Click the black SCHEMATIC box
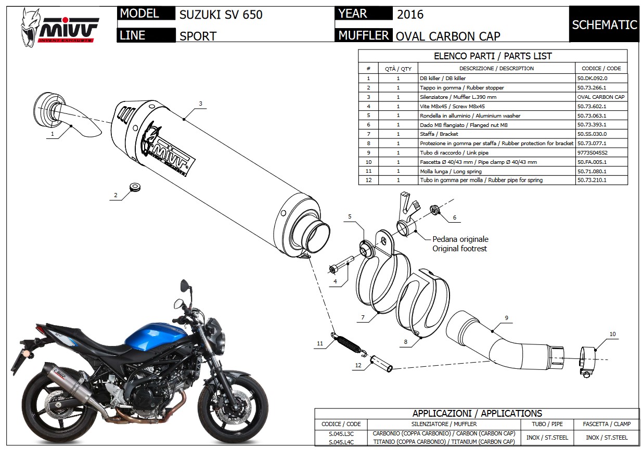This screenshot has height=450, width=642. click(604, 24)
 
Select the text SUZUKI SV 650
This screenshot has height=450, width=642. click(221, 15)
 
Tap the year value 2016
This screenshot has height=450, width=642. click(410, 14)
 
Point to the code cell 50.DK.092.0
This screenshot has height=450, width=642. click(592, 78)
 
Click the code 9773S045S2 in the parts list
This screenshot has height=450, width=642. click(592, 152)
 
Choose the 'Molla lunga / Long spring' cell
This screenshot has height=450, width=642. click(451, 171)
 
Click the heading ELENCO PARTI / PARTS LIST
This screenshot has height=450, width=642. click(493, 56)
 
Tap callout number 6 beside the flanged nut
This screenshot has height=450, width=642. click(454, 217)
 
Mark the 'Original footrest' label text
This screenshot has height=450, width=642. click(459, 249)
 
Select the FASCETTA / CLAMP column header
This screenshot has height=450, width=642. click(606, 424)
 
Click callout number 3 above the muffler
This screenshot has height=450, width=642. click(200, 103)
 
